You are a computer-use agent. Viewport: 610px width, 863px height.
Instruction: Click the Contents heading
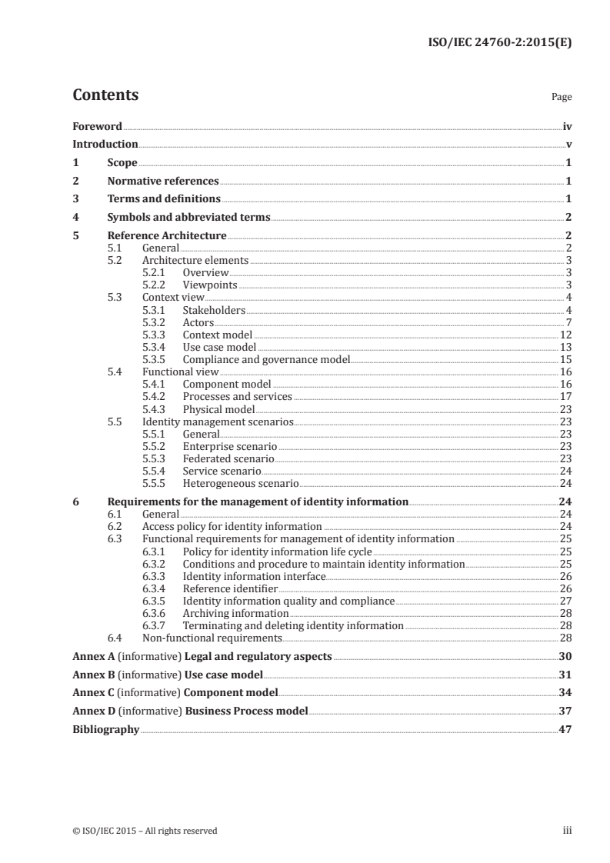point(105,95)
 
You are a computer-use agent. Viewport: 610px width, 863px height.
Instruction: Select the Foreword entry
point(97,126)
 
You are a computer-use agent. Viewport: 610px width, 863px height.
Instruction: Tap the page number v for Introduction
point(568,145)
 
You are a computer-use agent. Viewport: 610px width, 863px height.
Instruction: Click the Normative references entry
point(163,182)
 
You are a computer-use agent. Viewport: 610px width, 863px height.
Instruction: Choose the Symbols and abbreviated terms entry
point(188,218)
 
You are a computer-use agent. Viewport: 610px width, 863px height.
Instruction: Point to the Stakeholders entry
point(214,310)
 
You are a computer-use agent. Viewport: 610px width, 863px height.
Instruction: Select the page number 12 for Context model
point(565,335)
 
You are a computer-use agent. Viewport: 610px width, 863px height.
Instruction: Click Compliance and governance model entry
point(266,359)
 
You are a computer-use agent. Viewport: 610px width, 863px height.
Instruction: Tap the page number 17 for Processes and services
point(565,397)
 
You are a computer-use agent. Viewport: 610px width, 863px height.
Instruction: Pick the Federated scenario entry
point(228,458)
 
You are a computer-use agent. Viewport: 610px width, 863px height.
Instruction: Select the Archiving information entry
point(235,613)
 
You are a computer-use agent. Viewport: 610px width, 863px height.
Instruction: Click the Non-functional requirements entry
point(212,638)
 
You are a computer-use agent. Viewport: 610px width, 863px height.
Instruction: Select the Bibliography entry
point(105,729)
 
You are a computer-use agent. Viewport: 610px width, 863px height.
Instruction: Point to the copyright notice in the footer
point(145,831)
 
